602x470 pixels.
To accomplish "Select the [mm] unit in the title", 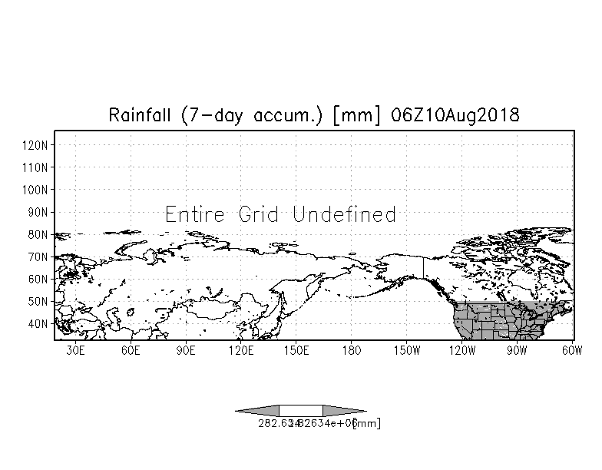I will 365,115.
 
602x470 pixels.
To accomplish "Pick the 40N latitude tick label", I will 40,324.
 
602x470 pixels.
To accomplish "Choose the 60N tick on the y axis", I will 40,280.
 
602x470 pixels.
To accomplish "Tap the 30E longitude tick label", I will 75,351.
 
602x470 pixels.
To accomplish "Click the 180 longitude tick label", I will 352,351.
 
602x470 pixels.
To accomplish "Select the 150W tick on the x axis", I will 407,351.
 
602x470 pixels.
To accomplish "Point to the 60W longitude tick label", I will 572,351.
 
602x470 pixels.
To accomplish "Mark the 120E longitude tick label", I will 241,351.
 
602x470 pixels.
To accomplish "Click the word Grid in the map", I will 258,214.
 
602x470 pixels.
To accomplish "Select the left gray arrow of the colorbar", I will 257,411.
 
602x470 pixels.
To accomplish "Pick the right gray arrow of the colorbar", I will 344,411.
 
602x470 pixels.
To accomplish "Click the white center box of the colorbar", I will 301,411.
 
